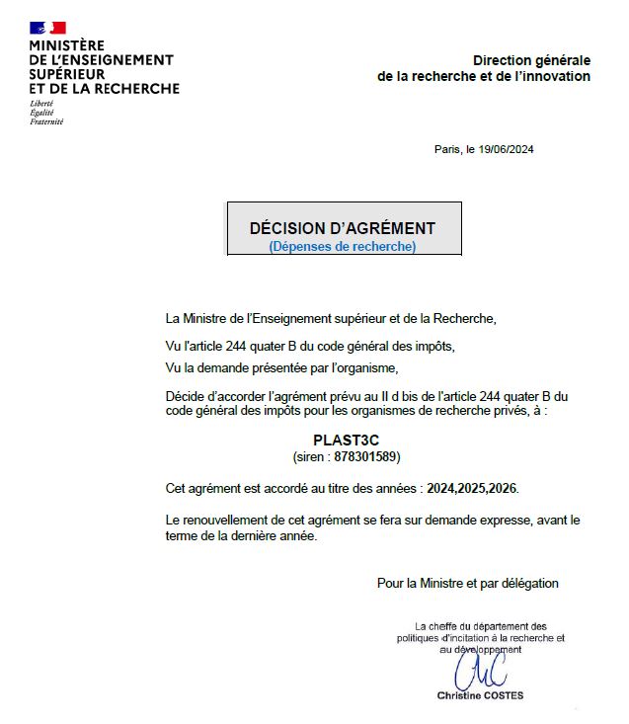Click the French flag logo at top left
[x=47, y=28]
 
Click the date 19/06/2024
[x=507, y=150]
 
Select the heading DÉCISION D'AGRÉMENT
[x=343, y=228]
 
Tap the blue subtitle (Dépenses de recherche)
[x=343, y=246]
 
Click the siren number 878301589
[x=367, y=457]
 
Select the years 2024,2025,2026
[x=472, y=489]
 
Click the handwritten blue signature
[x=481, y=673]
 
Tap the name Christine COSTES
[x=481, y=695]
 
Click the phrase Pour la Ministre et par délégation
[x=467, y=583]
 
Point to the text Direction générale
[x=531, y=60]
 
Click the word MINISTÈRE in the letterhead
[x=67, y=45]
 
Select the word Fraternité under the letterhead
[x=46, y=121]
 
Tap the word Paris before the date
[x=446, y=150]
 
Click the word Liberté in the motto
[x=41, y=104]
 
